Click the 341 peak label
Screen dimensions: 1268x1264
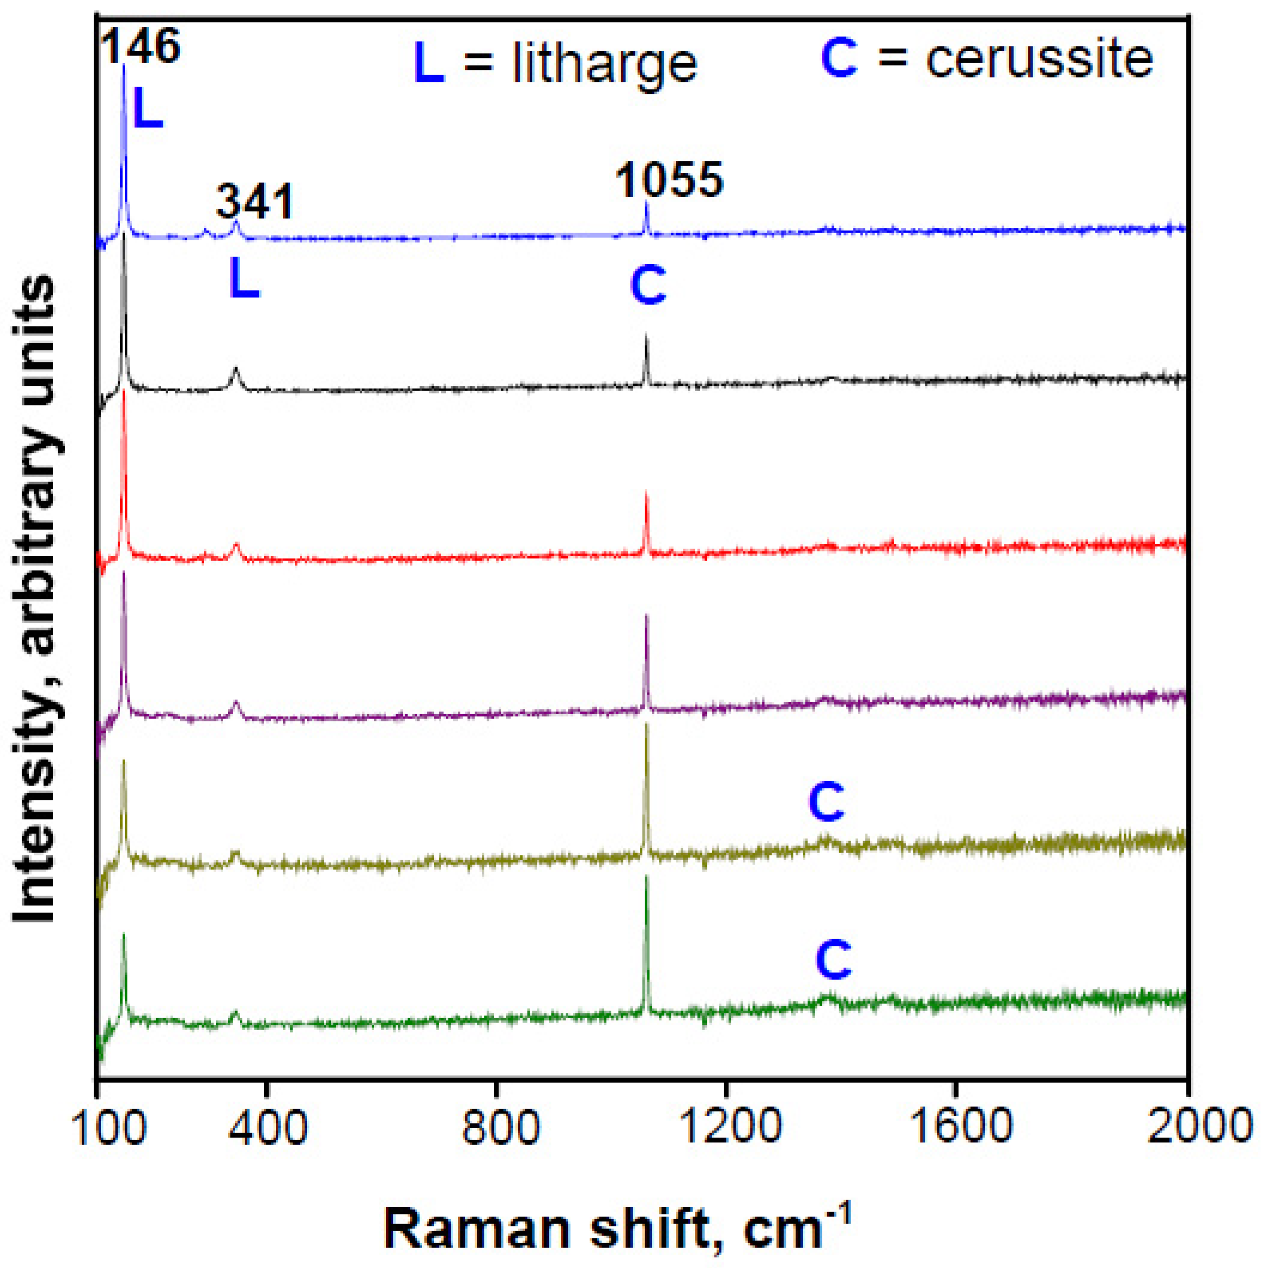coord(255,202)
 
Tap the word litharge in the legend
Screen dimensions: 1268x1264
coord(604,64)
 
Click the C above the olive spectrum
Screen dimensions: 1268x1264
coord(826,802)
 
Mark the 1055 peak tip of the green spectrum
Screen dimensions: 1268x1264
coord(647,877)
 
